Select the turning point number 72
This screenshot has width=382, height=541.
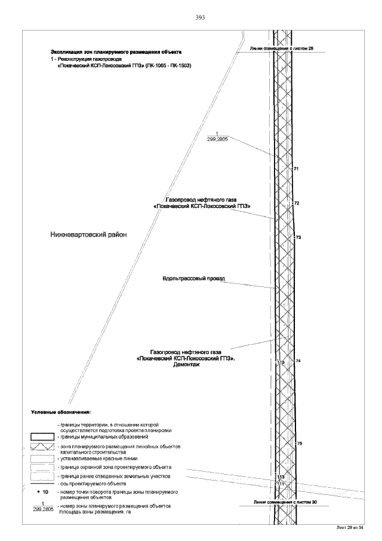tap(297, 204)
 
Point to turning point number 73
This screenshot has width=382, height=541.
tap(298, 238)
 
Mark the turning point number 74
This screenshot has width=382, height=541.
tap(298, 361)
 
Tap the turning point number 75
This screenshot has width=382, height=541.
tap(300, 443)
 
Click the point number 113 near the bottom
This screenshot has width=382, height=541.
tap(281, 476)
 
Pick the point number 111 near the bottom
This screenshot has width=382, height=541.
tap(280, 483)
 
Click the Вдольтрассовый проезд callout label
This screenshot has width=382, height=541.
tap(188, 279)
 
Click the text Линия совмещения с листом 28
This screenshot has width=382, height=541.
tap(282, 47)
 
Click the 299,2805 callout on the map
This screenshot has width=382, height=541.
tap(217, 138)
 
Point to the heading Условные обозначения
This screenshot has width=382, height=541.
tap(60, 412)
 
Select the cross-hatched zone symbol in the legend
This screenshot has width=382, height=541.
tap(42, 448)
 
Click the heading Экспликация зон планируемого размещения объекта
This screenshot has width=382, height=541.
tap(116, 53)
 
